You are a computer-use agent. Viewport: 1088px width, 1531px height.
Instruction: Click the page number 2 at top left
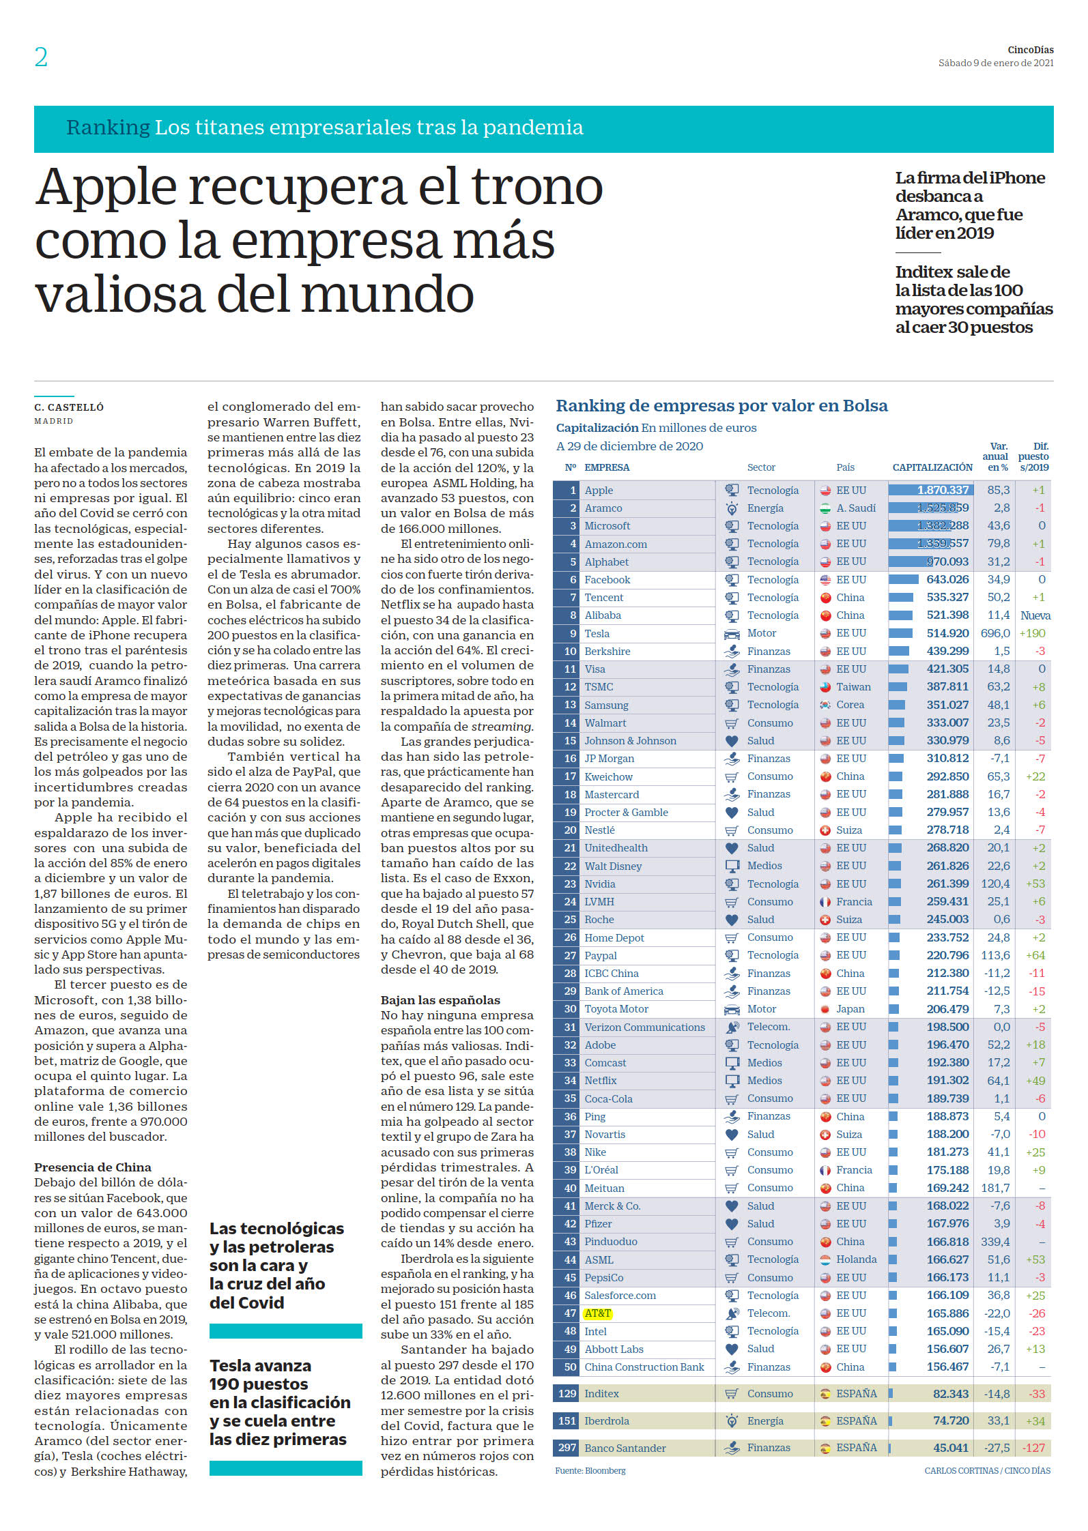(41, 57)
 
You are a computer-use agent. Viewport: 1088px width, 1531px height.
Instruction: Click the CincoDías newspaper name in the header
(1030, 50)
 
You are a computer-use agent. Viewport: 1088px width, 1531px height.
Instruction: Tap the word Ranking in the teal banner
(108, 128)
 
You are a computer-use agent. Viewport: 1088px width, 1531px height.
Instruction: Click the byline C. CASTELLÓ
(69, 407)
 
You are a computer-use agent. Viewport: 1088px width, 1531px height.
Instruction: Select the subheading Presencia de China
(93, 1167)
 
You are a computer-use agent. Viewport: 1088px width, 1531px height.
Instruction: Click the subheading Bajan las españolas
(440, 1000)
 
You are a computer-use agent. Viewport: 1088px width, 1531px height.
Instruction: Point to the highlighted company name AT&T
(598, 1313)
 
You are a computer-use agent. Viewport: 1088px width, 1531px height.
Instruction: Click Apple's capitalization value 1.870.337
(943, 490)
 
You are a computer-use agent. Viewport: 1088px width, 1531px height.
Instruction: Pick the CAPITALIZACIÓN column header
(932, 467)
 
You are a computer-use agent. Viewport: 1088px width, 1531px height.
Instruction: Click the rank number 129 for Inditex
(567, 1393)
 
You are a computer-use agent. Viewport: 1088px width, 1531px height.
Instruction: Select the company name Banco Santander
(625, 1448)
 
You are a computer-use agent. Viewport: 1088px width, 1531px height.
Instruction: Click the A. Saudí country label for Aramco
(856, 508)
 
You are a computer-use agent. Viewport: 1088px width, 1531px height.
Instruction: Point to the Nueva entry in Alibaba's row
(1035, 615)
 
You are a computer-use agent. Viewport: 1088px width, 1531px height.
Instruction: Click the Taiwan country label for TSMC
(854, 687)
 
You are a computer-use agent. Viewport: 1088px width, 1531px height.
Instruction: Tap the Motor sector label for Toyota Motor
(762, 1009)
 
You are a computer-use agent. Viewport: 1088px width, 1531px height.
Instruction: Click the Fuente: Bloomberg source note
(590, 1470)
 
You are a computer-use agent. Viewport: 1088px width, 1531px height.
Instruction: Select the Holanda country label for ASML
(857, 1259)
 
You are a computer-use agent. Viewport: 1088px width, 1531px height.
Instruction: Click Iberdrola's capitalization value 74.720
(951, 1420)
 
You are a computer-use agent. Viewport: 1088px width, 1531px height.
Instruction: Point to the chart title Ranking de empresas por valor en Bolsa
(721, 406)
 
